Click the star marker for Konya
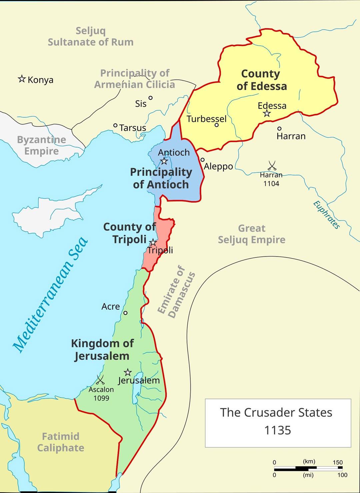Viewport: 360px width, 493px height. coord(22,79)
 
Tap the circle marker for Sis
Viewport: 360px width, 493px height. coord(150,98)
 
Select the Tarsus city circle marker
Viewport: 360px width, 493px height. coord(115,125)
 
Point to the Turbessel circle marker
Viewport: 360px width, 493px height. coord(216,125)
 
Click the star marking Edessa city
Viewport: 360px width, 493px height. coord(267,113)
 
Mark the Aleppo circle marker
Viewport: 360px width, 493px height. coord(202,160)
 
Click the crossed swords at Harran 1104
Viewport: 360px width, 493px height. coord(272,165)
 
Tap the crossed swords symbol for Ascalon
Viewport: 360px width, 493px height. coord(100,380)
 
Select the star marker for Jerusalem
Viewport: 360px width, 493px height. coord(127,372)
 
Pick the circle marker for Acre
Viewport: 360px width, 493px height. coord(125,313)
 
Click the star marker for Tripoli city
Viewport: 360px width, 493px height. coord(153,242)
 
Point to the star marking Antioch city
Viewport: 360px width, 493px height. coord(164,161)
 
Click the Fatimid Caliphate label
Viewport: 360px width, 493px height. coord(61,442)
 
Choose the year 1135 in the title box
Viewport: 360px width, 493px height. coord(278,430)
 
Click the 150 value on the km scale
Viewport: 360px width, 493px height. coord(337,462)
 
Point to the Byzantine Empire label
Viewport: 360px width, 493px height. coord(41,145)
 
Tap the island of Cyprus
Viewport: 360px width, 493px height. coord(47,213)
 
